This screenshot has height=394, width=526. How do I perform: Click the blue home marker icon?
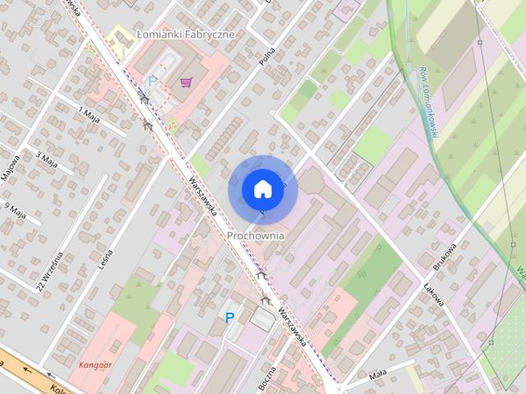tap(262, 189)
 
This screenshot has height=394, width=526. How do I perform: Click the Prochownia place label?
tap(256, 235)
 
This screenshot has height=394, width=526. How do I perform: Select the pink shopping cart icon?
tap(187, 82)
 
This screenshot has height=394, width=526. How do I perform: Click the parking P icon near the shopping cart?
tap(151, 81)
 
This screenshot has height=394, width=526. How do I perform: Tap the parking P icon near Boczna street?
tap(229, 318)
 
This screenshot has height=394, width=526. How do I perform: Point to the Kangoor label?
tap(95, 364)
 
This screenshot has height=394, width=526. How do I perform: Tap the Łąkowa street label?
tap(434, 293)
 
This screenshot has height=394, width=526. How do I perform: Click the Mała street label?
tap(377, 373)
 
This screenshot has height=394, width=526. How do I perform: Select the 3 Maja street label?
tap(47, 158)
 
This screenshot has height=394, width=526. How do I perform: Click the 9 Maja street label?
tap(16, 212)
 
